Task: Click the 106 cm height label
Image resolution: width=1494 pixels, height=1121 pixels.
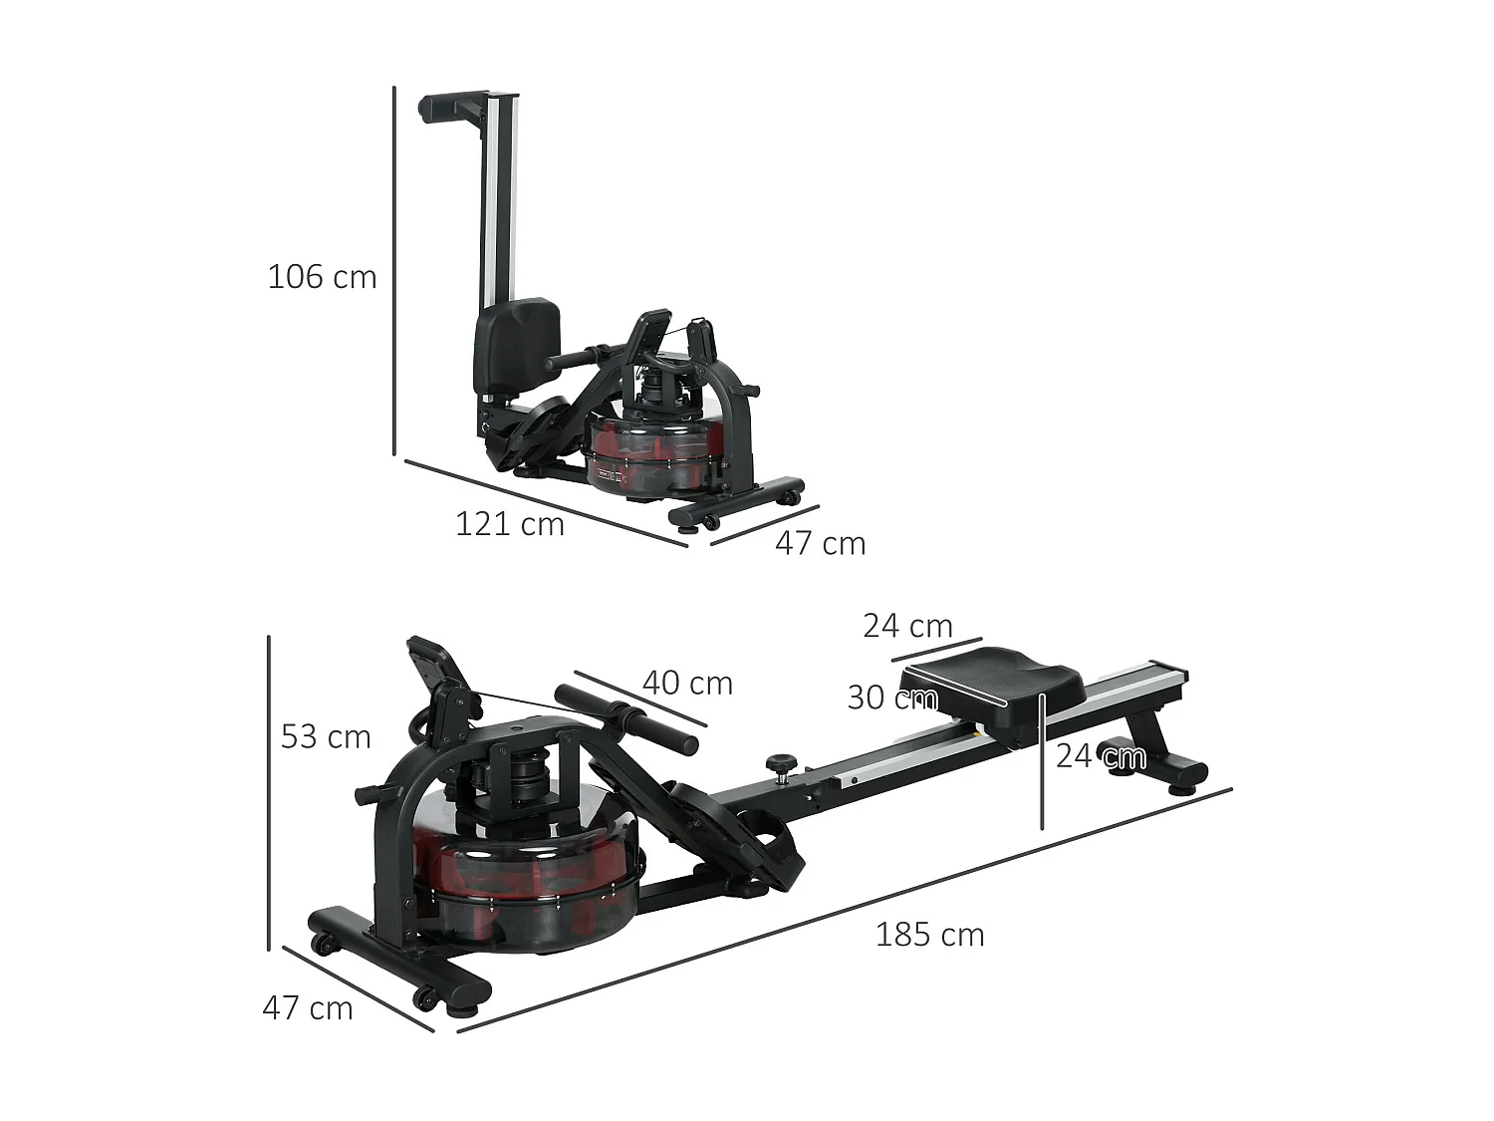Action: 322,276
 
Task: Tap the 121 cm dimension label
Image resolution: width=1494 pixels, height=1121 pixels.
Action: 509,523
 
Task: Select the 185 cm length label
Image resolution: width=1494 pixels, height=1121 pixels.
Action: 929,935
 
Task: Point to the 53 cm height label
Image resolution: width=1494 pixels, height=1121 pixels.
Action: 326,736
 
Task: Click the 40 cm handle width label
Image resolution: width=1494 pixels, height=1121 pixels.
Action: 687,683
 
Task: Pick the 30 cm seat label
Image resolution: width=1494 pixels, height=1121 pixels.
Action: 891,698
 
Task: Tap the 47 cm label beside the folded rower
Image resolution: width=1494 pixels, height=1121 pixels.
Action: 820,543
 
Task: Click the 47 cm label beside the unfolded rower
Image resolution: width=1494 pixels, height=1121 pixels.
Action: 307,1007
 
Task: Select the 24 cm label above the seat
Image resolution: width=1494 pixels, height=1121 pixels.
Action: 907,626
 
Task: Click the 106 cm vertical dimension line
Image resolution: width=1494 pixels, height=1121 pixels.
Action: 394,269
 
